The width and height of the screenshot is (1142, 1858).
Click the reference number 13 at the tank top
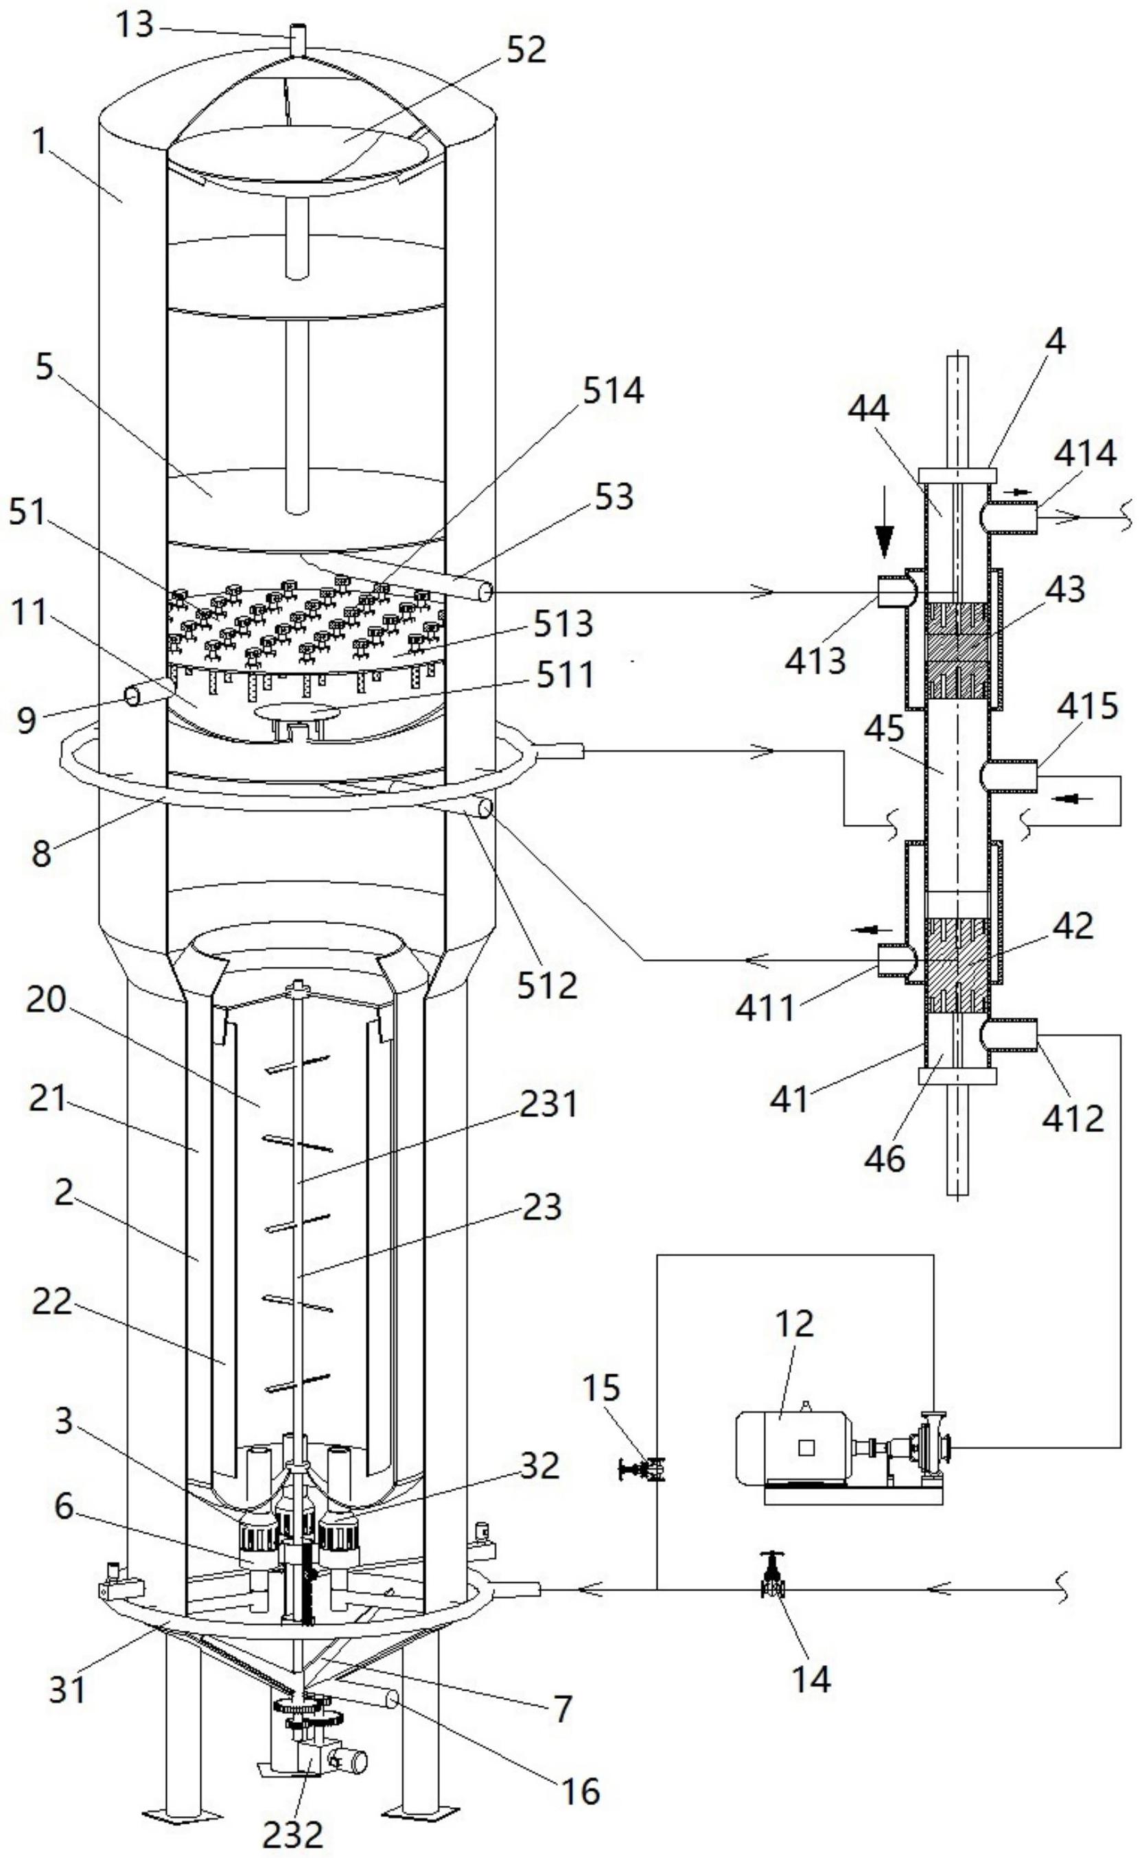(x=135, y=25)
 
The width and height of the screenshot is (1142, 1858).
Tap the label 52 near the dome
(x=526, y=51)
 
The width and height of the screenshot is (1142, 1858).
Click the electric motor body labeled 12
(x=793, y=1446)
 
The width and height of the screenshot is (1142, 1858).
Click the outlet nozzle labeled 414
(x=1012, y=518)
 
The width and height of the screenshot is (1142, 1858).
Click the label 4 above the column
(x=1056, y=343)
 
